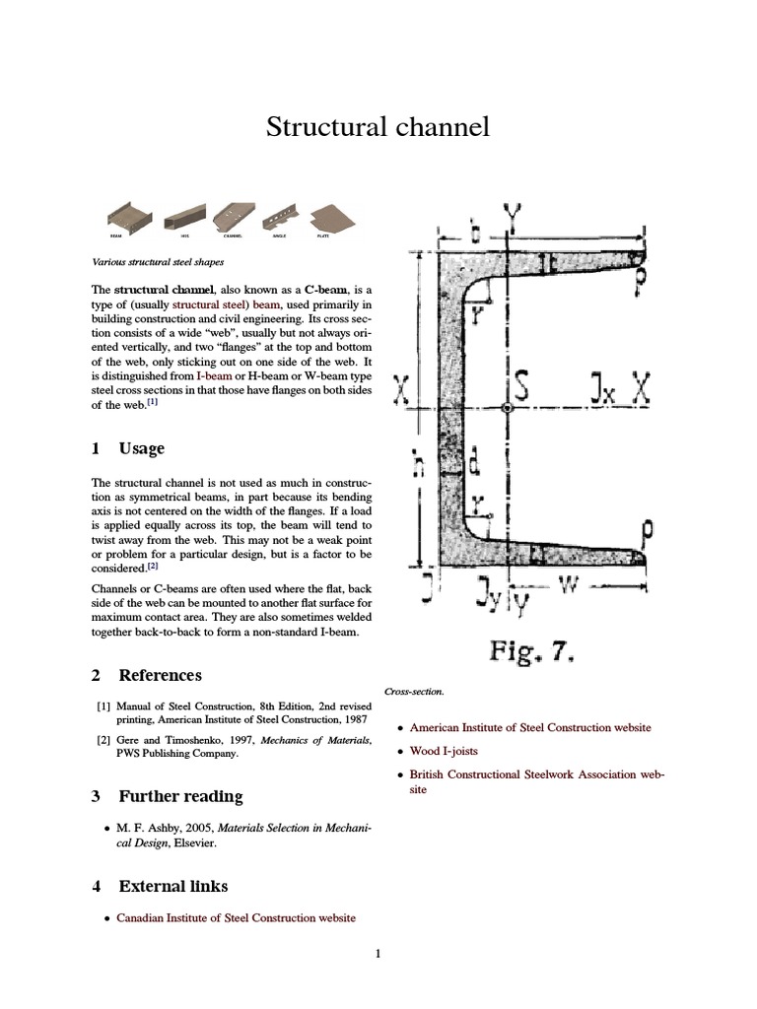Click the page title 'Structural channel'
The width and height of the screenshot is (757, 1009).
pyautogui.click(x=378, y=128)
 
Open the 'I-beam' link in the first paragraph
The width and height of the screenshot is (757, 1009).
pyautogui.click(x=214, y=376)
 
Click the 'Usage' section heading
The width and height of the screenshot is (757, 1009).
pyautogui.click(x=141, y=448)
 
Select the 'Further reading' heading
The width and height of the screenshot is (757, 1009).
pyautogui.click(x=180, y=796)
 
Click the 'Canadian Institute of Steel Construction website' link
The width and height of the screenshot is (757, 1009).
pyautogui.click(x=236, y=917)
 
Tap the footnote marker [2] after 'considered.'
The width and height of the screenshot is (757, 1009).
pyautogui.click(x=153, y=567)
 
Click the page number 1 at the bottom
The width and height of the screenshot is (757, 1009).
pyautogui.click(x=378, y=953)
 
